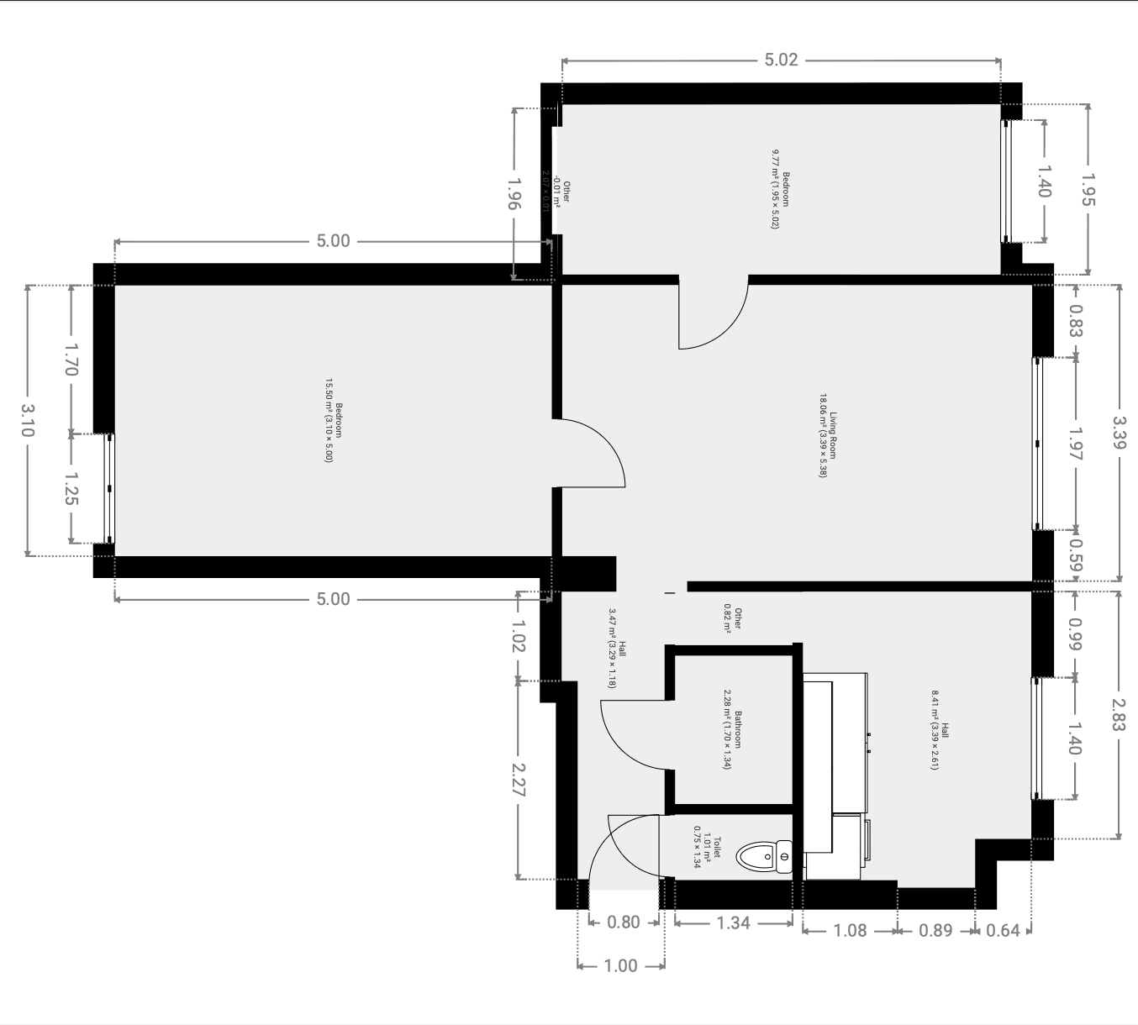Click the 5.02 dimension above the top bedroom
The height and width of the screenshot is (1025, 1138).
coord(781,60)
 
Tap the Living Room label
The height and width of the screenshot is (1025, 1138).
coord(828,436)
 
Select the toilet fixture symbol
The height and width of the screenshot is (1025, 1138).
coord(764,856)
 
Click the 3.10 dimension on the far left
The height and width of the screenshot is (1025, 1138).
coord(27,420)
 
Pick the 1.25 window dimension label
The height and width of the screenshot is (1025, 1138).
coord(71,488)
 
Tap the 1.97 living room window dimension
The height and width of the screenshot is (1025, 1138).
coord(1076,443)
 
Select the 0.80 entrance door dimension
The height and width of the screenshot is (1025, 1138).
coord(624,922)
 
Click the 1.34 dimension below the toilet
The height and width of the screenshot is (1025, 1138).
coord(733,922)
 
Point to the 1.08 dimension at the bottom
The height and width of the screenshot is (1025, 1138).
coord(849,931)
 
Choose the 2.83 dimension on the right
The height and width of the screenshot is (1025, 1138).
coord(1118,714)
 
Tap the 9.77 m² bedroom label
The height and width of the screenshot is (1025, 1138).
coord(781,189)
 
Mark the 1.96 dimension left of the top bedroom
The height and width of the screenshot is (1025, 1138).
coord(514,193)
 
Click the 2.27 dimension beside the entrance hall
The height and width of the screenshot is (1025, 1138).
coord(518,780)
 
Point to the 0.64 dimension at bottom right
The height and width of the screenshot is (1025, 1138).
coord(1003,931)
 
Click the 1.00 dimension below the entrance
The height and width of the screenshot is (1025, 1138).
coord(620,966)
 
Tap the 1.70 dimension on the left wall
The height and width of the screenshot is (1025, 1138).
coord(71,359)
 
